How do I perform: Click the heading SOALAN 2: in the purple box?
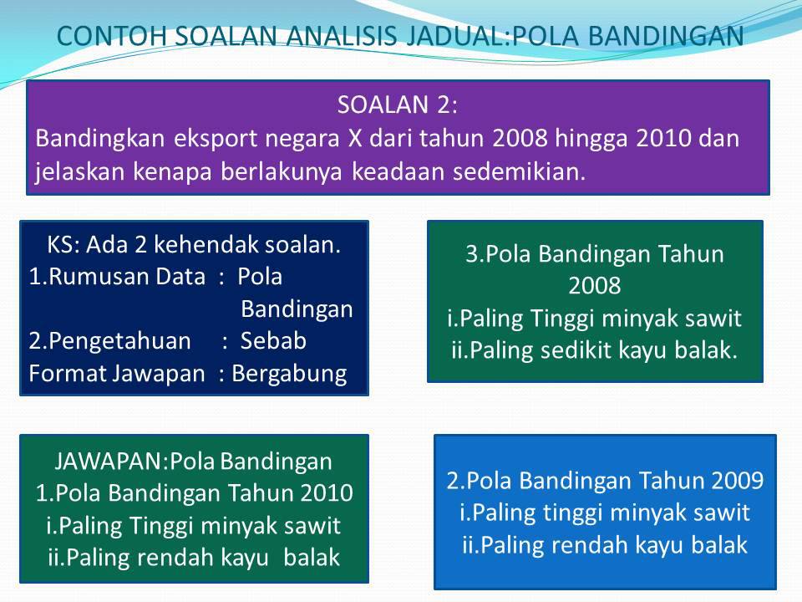point(398,105)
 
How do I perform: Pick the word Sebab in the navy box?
point(274,340)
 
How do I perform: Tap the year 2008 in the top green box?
point(594,286)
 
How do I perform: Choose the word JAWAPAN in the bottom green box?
point(109,462)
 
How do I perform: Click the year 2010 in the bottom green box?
point(327,493)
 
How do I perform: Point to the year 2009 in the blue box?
point(737,481)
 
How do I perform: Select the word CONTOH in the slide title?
point(112,36)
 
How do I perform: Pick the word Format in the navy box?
point(68,373)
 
